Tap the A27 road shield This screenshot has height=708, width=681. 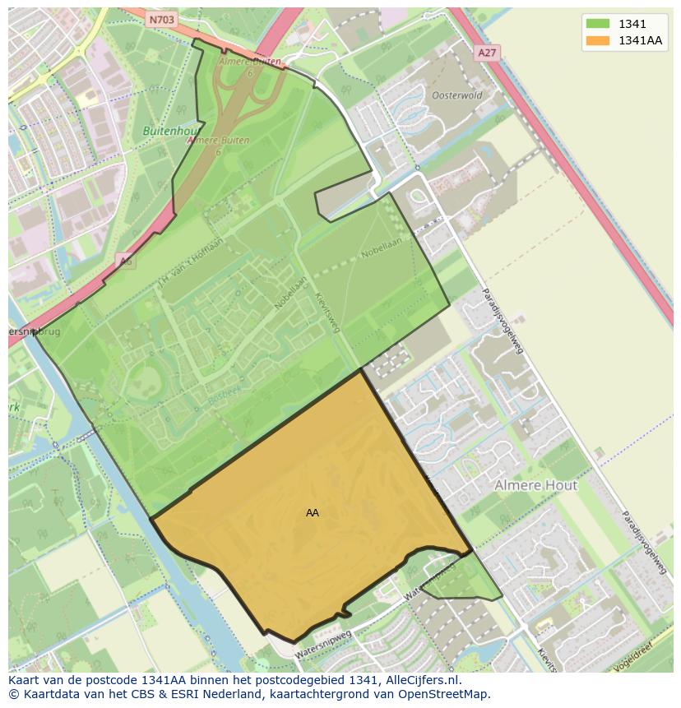click(487, 52)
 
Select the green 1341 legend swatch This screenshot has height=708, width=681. click(598, 24)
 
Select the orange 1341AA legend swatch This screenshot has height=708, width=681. click(598, 40)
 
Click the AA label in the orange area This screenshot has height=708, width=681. click(313, 512)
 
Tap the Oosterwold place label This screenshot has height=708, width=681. click(457, 95)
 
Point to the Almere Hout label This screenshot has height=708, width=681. click(535, 485)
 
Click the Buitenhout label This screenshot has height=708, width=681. click(169, 131)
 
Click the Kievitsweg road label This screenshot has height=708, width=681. click(327, 313)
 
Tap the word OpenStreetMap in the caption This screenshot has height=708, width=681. click(443, 693)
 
